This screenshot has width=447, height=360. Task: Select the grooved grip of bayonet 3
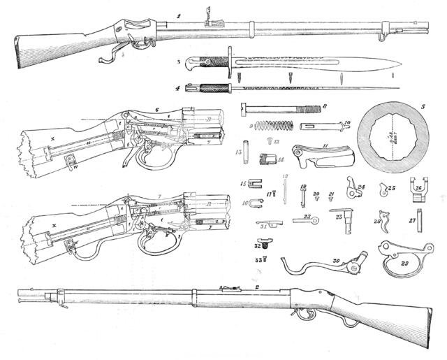tap(217, 63)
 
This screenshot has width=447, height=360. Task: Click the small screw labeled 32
tap(260, 245)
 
